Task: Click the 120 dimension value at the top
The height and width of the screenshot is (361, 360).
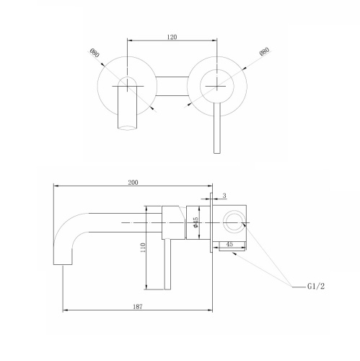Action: [172, 37]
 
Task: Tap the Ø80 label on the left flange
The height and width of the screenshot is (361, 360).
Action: [95, 53]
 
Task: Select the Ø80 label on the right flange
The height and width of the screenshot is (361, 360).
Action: [265, 52]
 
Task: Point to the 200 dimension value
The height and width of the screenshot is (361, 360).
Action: [133, 183]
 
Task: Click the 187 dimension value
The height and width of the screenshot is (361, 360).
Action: [138, 307]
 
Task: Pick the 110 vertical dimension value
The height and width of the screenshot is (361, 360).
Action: [143, 248]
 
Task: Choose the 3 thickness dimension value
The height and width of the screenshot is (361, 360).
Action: [224, 196]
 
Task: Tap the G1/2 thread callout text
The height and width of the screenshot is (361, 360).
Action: [316, 287]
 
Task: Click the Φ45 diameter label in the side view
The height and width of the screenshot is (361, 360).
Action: [196, 222]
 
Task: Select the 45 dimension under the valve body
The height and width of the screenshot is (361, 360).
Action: [229, 244]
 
